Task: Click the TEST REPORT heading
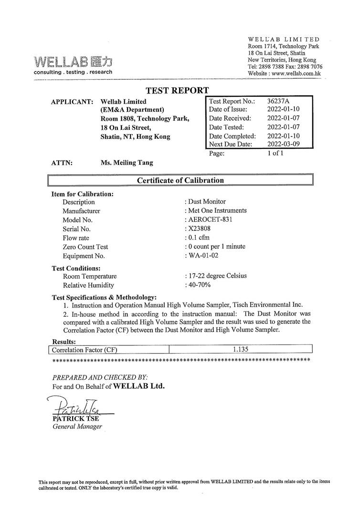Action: [x=177, y=90]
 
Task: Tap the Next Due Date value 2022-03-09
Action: [x=284, y=144]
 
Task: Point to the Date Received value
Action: [x=284, y=118]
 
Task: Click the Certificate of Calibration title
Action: [x=180, y=180]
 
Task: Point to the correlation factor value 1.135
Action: [x=241, y=349]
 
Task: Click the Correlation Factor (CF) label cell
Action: [x=85, y=350]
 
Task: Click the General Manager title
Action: [x=77, y=427]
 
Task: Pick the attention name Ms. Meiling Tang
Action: [x=127, y=163]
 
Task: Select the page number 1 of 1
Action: [x=275, y=154]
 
